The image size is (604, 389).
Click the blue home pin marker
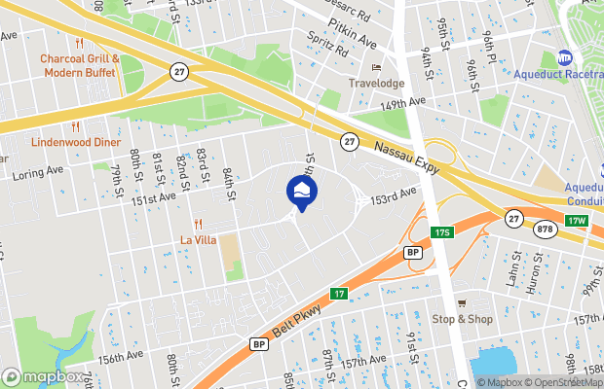click(302, 190)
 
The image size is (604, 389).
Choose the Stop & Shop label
click(463, 318)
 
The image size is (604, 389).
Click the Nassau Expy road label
click(406, 157)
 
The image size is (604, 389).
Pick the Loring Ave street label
click(38, 172)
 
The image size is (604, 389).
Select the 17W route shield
click(579, 221)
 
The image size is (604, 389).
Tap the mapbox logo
click(42, 376)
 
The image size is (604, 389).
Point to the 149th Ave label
click(404, 102)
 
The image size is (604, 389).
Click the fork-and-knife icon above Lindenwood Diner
click(75, 127)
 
